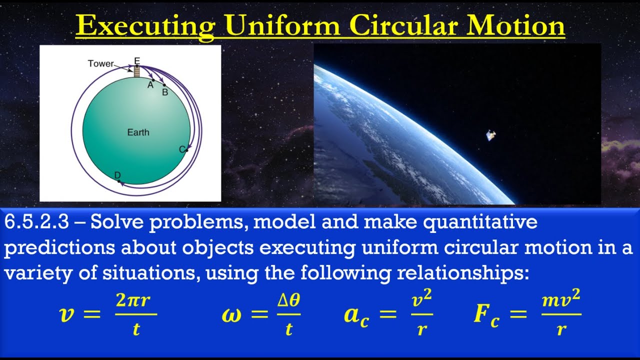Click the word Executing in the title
tap(144, 26)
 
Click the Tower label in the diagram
tap(100, 63)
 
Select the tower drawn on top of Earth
tap(136, 71)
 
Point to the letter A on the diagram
tap(149, 85)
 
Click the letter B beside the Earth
tap(165, 91)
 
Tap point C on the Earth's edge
tap(182, 149)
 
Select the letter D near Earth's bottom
tap(117, 175)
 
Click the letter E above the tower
tap(136, 60)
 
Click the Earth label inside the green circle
tap(138, 132)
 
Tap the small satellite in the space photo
tap(491, 135)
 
